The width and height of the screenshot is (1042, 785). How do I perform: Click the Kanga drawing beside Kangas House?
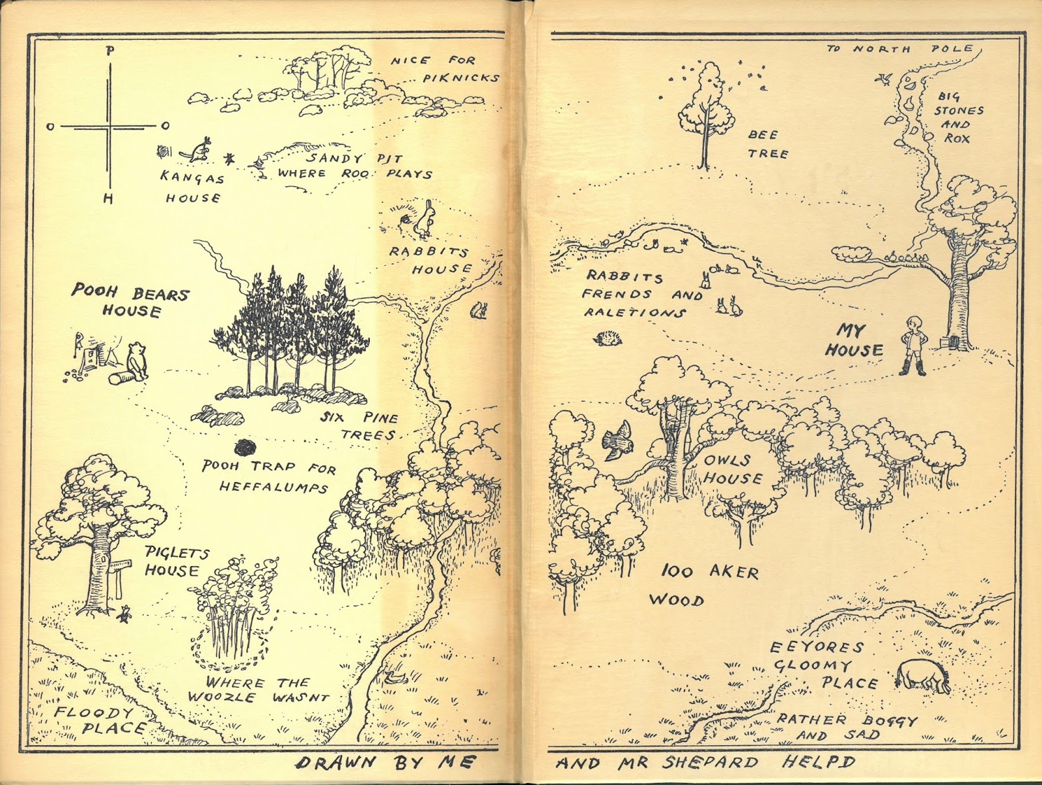pos(197,150)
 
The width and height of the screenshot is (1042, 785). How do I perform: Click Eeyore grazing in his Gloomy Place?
pos(922,678)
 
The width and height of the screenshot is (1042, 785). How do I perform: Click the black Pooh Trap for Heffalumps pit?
pos(245,446)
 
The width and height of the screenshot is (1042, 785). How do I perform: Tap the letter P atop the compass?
pos(111,51)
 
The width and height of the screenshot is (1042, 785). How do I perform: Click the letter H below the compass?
pos(108,198)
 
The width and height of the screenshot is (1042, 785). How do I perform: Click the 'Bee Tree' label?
pos(768,144)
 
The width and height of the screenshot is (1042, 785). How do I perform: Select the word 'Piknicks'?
pos(460,78)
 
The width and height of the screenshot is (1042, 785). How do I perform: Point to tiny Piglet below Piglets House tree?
pos(124,613)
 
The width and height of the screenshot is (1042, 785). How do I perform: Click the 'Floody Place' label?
pos(98,721)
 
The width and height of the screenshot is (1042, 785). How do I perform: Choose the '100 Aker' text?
pos(709,572)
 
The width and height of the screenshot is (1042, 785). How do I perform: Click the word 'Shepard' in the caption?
pos(711,762)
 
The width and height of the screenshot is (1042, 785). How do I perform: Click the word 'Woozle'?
pos(221,697)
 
